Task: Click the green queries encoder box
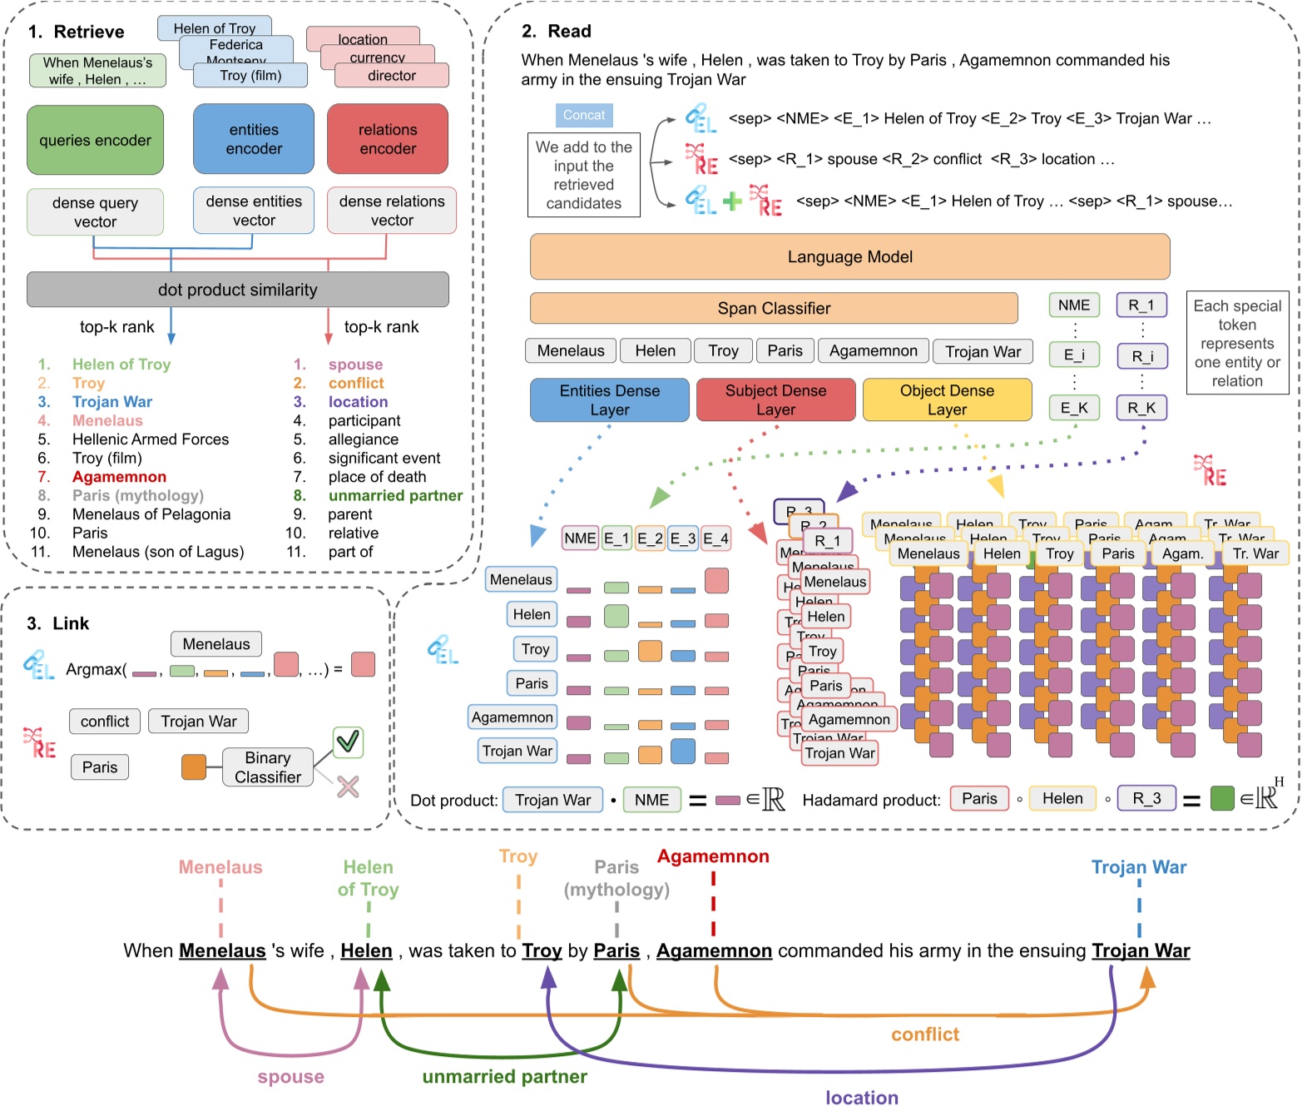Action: [95, 140]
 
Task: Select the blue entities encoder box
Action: [254, 139]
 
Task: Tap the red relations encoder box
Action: [388, 139]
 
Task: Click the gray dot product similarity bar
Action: [237, 290]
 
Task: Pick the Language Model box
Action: [849, 256]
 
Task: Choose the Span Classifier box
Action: [774, 308]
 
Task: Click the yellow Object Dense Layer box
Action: [947, 399]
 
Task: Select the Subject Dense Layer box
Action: [775, 399]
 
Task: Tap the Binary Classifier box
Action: [268, 766]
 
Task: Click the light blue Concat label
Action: [584, 115]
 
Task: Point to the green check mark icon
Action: [348, 741]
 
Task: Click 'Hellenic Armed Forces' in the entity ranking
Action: [150, 439]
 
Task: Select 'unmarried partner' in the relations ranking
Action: [395, 495]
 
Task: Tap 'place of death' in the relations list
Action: [377, 477]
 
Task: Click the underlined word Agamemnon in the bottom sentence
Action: [714, 950]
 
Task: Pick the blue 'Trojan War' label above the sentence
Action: [1138, 867]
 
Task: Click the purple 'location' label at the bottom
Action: [861, 1097]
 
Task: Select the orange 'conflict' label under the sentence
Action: [925, 1034]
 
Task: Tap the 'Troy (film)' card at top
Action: [250, 76]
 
